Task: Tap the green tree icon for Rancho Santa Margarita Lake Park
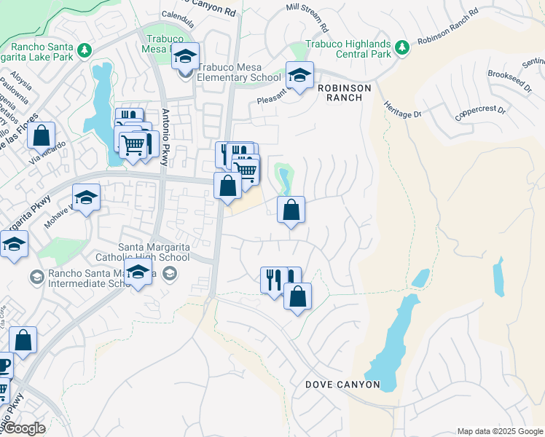click(85, 50)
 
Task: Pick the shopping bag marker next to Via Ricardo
click(42, 135)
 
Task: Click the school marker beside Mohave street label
click(86, 198)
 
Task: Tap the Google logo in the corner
click(23, 428)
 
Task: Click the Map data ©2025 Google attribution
click(499, 430)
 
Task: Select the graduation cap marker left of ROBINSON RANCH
click(299, 75)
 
